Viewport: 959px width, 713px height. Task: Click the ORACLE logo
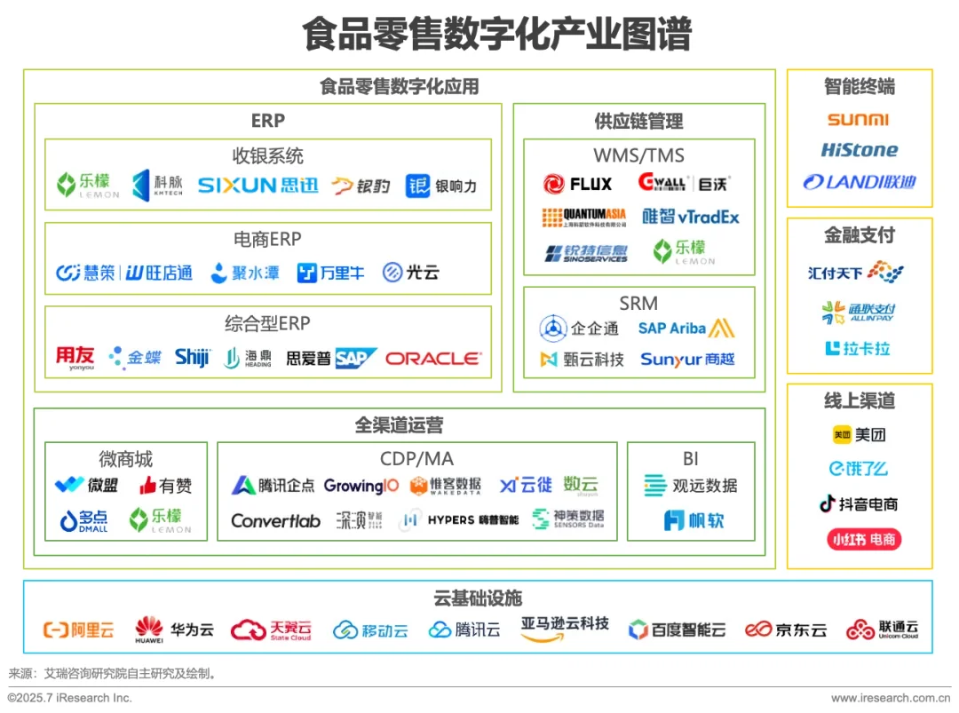433,359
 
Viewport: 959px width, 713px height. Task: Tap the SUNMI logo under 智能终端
858,120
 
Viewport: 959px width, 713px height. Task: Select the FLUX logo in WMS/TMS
578,184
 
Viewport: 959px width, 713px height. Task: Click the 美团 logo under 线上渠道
859,435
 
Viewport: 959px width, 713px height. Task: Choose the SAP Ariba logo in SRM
686,329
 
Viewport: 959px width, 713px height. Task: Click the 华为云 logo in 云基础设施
175,630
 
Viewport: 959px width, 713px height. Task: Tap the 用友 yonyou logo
75,358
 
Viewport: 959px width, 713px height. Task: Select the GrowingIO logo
361,486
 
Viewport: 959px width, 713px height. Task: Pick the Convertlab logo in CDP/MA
275,521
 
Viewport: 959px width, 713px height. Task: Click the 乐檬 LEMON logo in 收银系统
88,185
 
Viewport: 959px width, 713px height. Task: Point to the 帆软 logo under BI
693,521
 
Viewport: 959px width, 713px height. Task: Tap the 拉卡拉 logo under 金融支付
857,349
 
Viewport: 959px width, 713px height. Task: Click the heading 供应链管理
638,121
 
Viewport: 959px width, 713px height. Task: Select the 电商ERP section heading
267,239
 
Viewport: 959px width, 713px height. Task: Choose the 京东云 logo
786,630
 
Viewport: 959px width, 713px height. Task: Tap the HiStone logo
859,150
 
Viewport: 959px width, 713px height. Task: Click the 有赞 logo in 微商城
165,486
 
